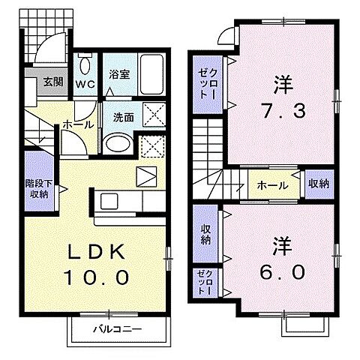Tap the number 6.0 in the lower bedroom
tap(283, 271)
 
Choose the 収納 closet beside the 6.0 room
tap(205, 234)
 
